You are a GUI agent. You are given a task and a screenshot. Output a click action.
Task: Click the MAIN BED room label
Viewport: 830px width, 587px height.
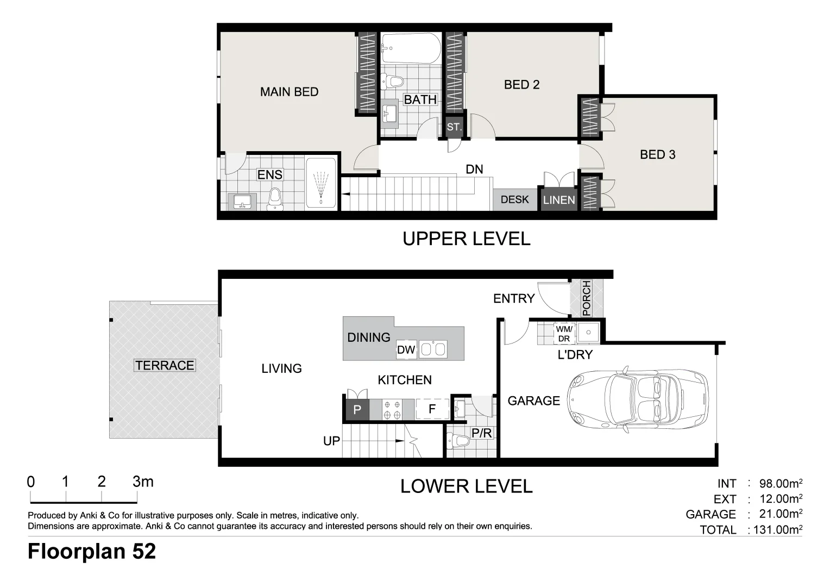tap(289, 92)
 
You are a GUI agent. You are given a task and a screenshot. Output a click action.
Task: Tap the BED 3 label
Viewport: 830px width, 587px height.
tap(657, 154)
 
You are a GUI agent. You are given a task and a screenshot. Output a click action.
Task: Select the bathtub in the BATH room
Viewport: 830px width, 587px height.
tap(411, 48)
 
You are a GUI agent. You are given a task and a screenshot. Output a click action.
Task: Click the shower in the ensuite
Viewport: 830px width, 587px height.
tap(321, 183)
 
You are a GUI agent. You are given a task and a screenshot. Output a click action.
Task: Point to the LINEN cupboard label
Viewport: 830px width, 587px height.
tap(559, 200)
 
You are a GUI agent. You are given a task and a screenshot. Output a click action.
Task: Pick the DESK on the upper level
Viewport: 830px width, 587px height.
tap(514, 200)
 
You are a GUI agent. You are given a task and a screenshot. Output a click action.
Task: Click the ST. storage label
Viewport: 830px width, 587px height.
tap(454, 127)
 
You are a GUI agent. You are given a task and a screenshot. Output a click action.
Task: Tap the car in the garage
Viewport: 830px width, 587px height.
tap(638, 399)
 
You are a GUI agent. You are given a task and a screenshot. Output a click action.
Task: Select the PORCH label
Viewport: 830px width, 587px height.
tap(586, 298)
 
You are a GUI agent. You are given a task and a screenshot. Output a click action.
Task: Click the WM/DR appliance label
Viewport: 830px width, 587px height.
tap(564, 334)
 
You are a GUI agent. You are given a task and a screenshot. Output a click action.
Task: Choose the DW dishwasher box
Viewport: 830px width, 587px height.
tap(406, 349)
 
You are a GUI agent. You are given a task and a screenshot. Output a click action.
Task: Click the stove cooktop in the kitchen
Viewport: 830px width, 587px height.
tap(392, 410)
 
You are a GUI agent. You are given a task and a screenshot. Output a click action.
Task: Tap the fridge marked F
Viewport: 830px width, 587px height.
tap(432, 409)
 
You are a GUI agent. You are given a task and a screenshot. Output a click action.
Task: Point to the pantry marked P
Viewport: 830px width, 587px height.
tap(357, 410)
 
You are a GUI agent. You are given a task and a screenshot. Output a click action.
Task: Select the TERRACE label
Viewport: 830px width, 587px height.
tap(165, 366)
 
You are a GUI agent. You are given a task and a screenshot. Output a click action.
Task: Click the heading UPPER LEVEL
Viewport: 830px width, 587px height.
tap(467, 239)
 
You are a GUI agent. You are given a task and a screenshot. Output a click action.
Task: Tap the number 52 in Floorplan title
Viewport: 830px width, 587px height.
tap(144, 551)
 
